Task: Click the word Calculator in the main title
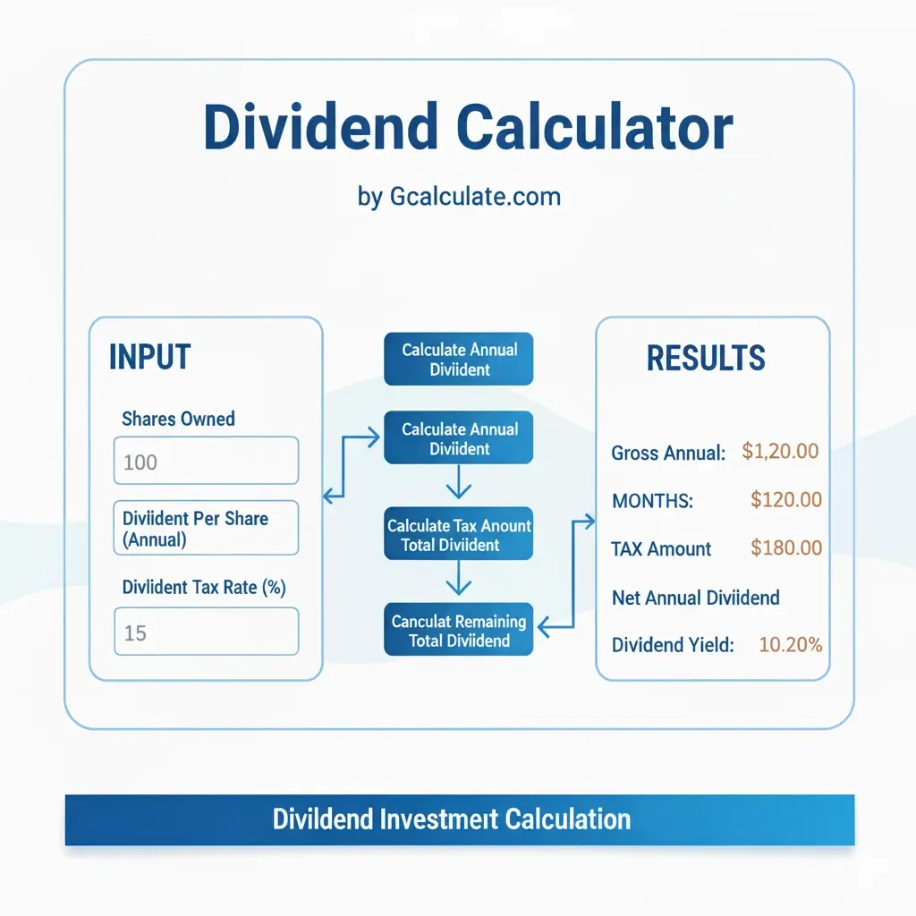tap(595, 129)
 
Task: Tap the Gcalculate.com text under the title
tap(475, 196)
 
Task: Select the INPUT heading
tap(149, 358)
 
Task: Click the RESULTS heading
tap(706, 358)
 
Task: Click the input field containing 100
tap(206, 461)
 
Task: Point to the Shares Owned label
tap(178, 419)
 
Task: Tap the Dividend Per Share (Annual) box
tap(206, 528)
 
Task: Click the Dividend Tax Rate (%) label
tap(203, 588)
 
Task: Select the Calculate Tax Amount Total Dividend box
tap(459, 535)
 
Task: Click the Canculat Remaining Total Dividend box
tap(459, 630)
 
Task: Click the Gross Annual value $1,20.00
tap(780, 452)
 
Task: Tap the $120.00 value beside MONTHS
tap(785, 500)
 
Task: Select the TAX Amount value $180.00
tap(785, 548)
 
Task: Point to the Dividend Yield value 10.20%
tap(790, 644)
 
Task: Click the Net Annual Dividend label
tap(695, 597)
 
